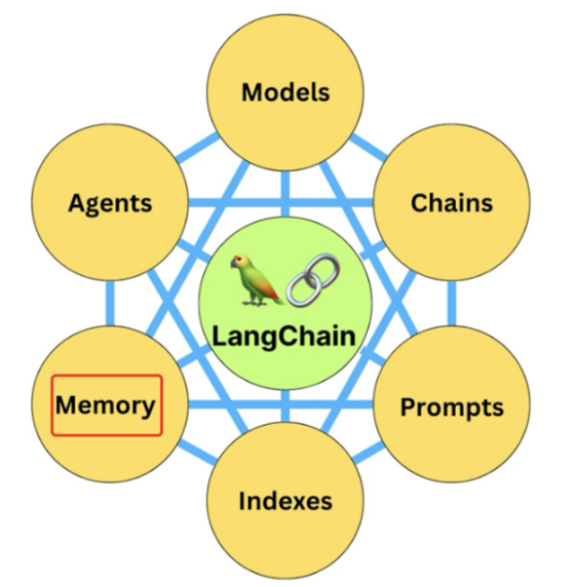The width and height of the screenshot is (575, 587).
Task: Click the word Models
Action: [x=285, y=92]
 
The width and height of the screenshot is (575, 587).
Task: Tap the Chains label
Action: [x=451, y=202]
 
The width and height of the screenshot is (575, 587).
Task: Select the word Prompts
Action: [x=451, y=407]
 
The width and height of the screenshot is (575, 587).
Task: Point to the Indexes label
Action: [x=285, y=500]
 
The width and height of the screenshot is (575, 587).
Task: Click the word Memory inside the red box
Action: [x=105, y=405]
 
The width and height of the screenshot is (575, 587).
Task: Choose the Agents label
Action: [x=110, y=202]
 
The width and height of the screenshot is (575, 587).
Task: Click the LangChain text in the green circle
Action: [x=284, y=334]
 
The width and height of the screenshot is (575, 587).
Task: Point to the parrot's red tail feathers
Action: [x=273, y=297]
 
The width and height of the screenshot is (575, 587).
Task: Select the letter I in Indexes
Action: [x=243, y=500]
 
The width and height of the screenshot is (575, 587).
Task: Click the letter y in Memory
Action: [x=148, y=408]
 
